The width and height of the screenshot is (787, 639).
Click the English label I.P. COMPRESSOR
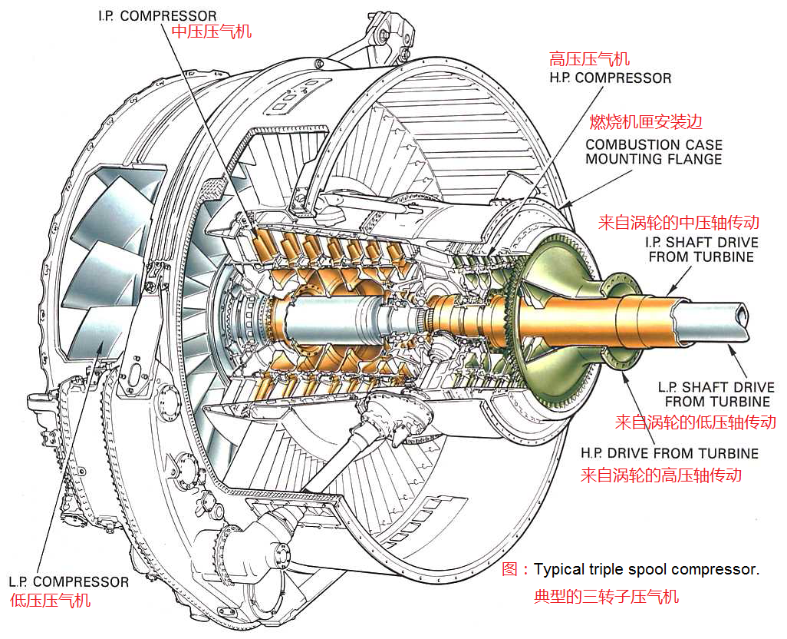[157, 15]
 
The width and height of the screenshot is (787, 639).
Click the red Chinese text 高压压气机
[589, 59]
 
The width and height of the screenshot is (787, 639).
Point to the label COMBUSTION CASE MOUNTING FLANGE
[654, 152]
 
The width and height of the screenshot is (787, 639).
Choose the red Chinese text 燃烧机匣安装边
[646, 122]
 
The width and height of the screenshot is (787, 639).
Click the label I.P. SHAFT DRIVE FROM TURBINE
[701, 250]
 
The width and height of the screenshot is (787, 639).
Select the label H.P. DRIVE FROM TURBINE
[670, 453]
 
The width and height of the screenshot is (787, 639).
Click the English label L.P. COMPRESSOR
[69, 581]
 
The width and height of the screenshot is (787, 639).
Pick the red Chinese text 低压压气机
[51, 600]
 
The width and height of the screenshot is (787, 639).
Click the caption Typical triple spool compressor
[646, 570]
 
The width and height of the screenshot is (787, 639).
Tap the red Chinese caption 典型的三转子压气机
[606, 596]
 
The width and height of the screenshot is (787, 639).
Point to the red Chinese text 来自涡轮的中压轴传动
[678, 223]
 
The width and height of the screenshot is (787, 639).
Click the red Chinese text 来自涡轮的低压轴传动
[696, 422]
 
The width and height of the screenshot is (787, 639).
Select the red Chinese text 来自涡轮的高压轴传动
[660, 475]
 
